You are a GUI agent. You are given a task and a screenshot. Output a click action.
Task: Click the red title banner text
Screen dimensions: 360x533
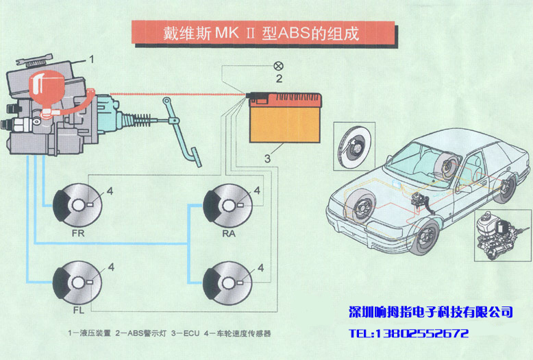[262, 33]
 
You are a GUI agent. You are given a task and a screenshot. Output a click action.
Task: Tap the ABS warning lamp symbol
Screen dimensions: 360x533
[278, 66]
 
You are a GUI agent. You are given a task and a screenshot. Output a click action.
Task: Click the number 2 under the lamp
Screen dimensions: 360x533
[279, 79]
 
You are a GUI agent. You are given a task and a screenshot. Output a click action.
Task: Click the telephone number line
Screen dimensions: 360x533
[408, 334]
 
